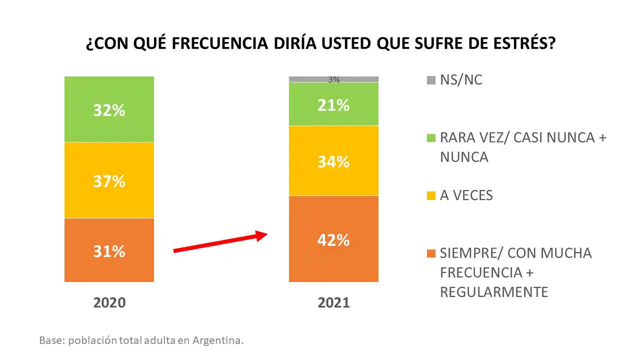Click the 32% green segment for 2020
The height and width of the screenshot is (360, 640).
click(x=109, y=109)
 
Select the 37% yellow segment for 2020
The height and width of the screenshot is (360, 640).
click(x=109, y=180)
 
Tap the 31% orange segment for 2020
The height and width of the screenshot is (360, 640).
click(x=109, y=250)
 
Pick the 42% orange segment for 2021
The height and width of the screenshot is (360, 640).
click(x=333, y=239)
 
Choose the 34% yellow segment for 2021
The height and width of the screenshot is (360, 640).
click(x=333, y=161)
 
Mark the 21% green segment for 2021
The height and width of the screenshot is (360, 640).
click(x=333, y=104)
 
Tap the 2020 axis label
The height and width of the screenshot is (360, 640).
click(x=109, y=302)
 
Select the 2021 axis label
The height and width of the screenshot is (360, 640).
click(x=333, y=302)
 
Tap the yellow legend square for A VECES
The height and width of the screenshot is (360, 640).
click(x=431, y=195)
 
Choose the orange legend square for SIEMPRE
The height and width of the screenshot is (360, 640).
click(x=431, y=253)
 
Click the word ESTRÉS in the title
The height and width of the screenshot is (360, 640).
click(x=523, y=43)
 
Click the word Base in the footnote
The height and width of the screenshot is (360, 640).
click(x=51, y=340)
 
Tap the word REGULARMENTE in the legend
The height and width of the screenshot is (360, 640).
click(x=494, y=291)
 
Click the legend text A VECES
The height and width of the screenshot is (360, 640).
click(x=466, y=195)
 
